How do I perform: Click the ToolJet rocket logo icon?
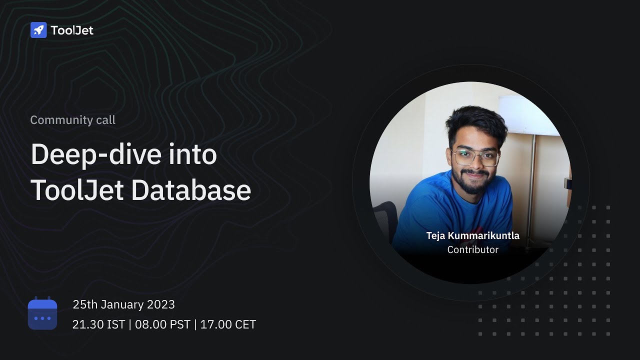[38, 30]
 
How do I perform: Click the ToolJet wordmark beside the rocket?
[72, 30]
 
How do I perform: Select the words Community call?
[72, 120]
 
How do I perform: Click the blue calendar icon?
[42, 313]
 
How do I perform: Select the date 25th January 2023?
[123, 304]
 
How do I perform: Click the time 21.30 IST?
[98, 324]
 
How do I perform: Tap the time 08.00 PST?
[162, 324]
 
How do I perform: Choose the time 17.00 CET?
[228, 324]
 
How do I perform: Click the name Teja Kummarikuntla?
[472, 235]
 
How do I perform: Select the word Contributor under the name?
[472, 249]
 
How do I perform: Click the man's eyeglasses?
[475, 157]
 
